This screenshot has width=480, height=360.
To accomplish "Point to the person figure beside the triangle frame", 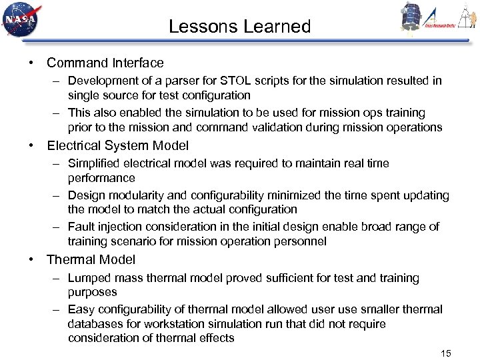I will tap(467, 16).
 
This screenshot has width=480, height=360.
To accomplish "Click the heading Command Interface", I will tap(105, 63).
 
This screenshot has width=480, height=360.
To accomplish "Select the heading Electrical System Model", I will tap(117, 145).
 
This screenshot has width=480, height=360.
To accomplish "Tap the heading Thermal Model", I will tap(91, 260).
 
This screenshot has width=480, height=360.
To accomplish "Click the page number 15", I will tap(446, 353).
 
